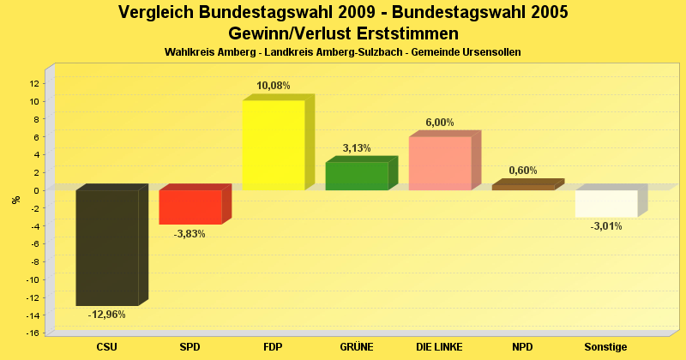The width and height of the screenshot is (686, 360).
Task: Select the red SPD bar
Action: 190,207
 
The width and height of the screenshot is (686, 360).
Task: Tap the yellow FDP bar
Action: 274,145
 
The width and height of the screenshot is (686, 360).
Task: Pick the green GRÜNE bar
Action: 357,176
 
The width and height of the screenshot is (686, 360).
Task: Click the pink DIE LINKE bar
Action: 440,163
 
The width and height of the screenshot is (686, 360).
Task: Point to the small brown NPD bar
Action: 523,186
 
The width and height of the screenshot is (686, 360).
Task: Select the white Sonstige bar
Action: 605,203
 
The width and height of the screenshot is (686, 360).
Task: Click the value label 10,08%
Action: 274,86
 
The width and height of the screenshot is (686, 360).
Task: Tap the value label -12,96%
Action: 107,315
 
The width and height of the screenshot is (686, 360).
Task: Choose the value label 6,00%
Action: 440,123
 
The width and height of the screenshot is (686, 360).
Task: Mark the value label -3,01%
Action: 605,226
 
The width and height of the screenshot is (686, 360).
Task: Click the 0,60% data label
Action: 523,171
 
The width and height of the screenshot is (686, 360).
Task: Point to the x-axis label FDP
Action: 274,347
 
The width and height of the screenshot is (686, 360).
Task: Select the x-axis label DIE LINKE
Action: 440,347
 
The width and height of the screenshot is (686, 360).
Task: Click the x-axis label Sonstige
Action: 605,347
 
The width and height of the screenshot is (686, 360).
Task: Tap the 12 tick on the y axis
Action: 33,83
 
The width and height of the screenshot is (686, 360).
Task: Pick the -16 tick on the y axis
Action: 32,333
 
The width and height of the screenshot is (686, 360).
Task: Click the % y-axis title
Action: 15,200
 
